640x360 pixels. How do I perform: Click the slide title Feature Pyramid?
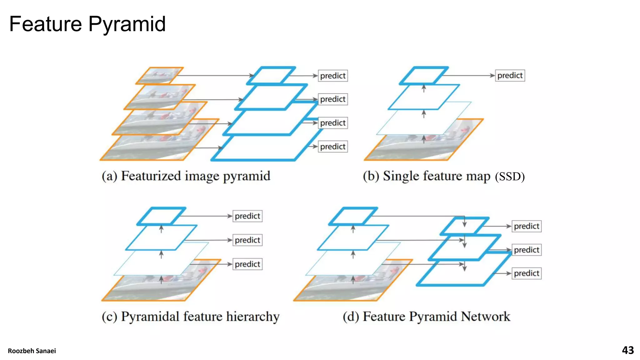point(87,24)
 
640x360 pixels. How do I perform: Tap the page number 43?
point(627,350)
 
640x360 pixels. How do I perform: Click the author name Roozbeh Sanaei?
point(32,351)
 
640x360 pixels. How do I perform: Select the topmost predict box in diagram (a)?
point(332,76)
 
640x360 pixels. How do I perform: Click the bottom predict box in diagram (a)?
point(332,147)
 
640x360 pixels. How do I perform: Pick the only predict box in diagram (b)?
point(510,75)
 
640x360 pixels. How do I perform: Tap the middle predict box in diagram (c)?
point(247,240)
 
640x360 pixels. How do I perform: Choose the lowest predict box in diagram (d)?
point(526,273)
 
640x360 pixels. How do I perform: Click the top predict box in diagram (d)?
point(526,226)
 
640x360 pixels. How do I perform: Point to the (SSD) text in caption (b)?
point(510,177)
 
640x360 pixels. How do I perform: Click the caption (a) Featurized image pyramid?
point(186,176)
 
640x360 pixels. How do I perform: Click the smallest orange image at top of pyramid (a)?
point(160,76)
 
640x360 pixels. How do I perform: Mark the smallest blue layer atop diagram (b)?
point(424,75)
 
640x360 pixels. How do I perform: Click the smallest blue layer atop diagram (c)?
point(161,216)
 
